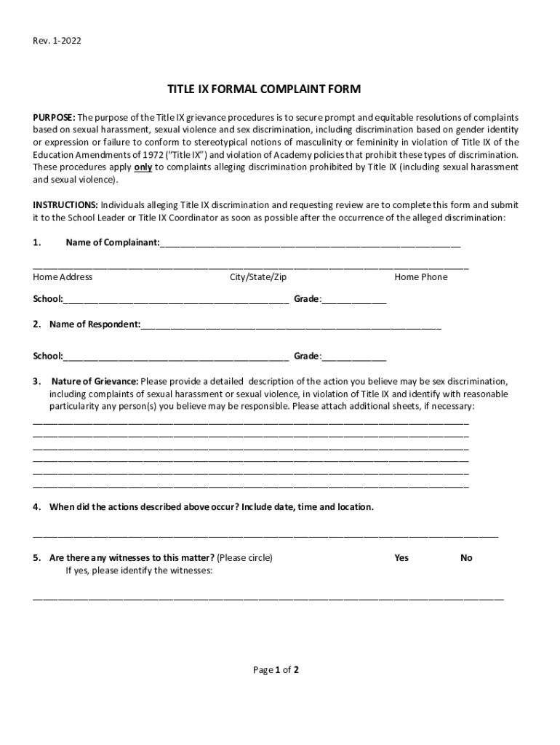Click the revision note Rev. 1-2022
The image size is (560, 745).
pyautogui.click(x=57, y=41)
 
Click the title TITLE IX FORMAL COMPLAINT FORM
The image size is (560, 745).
pyautogui.click(x=264, y=89)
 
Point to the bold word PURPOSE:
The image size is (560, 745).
pyautogui.click(x=54, y=117)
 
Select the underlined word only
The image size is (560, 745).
pyautogui.click(x=143, y=167)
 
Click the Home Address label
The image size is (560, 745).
pyautogui.click(x=63, y=276)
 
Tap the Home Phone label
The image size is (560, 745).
pyautogui.click(x=421, y=276)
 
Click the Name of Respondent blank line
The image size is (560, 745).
pyautogui.click(x=291, y=326)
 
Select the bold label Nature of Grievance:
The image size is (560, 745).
pyautogui.click(x=95, y=381)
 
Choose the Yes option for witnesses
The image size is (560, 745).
pyautogui.click(x=401, y=557)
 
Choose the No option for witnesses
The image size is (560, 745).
pyautogui.click(x=466, y=557)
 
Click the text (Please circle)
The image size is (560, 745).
pyautogui.click(x=244, y=557)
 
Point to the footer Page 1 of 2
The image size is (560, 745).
pyautogui.click(x=276, y=670)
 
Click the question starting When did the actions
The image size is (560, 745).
pyautogui.click(x=211, y=506)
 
